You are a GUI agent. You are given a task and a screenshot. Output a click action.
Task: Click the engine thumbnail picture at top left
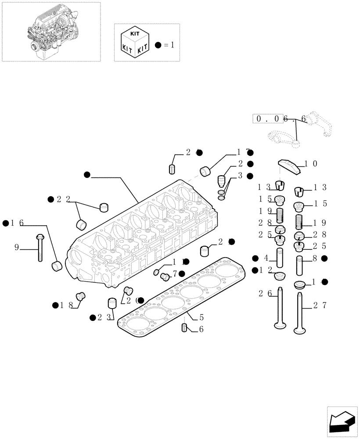coord(50,32)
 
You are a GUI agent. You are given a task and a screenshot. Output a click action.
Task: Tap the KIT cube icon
coord(132,43)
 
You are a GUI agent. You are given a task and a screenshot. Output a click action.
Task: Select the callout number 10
coord(311,164)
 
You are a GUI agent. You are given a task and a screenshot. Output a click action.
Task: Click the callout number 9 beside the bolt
coord(17,248)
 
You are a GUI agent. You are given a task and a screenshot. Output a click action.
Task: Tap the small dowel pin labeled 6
coord(184,327)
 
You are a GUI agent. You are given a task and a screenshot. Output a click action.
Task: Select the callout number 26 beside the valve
coord(265,293)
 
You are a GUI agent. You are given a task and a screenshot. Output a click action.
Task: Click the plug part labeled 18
coord(80,297)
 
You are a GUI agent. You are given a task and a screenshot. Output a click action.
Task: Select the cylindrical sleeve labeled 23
coord(112,303)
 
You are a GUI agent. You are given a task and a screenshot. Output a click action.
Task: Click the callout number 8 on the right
coord(314,259)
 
